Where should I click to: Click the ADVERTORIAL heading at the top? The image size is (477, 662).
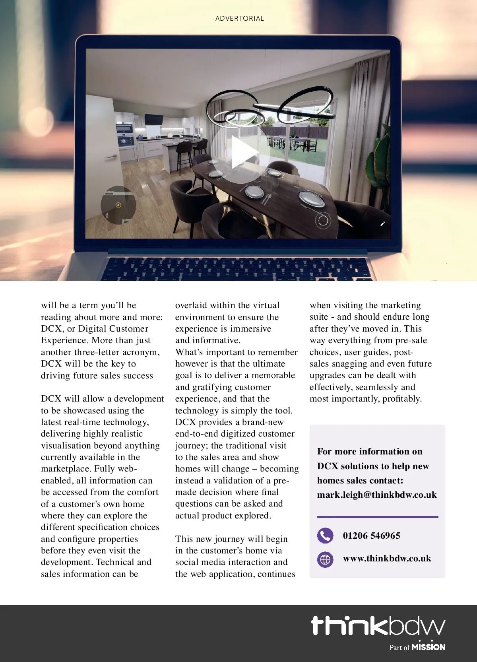(x=239, y=18)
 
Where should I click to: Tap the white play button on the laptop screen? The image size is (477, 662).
(x=240, y=153)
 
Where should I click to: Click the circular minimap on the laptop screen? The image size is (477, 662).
(x=118, y=205)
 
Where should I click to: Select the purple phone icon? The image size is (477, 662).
(x=325, y=536)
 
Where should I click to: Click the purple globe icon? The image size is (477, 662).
(x=325, y=559)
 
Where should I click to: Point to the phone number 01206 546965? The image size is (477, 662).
(x=371, y=536)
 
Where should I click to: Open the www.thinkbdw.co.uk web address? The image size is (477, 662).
(x=387, y=559)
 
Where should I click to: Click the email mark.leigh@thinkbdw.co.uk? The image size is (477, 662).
(x=377, y=495)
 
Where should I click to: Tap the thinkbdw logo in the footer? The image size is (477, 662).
(x=378, y=626)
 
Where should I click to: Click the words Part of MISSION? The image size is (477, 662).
(x=417, y=647)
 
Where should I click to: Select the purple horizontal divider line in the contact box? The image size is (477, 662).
(x=378, y=517)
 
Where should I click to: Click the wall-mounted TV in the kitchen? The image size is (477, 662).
(x=153, y=119)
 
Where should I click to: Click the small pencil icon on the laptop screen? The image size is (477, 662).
(x=382, y=224)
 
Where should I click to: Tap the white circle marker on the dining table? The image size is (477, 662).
(x=323, y=220)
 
